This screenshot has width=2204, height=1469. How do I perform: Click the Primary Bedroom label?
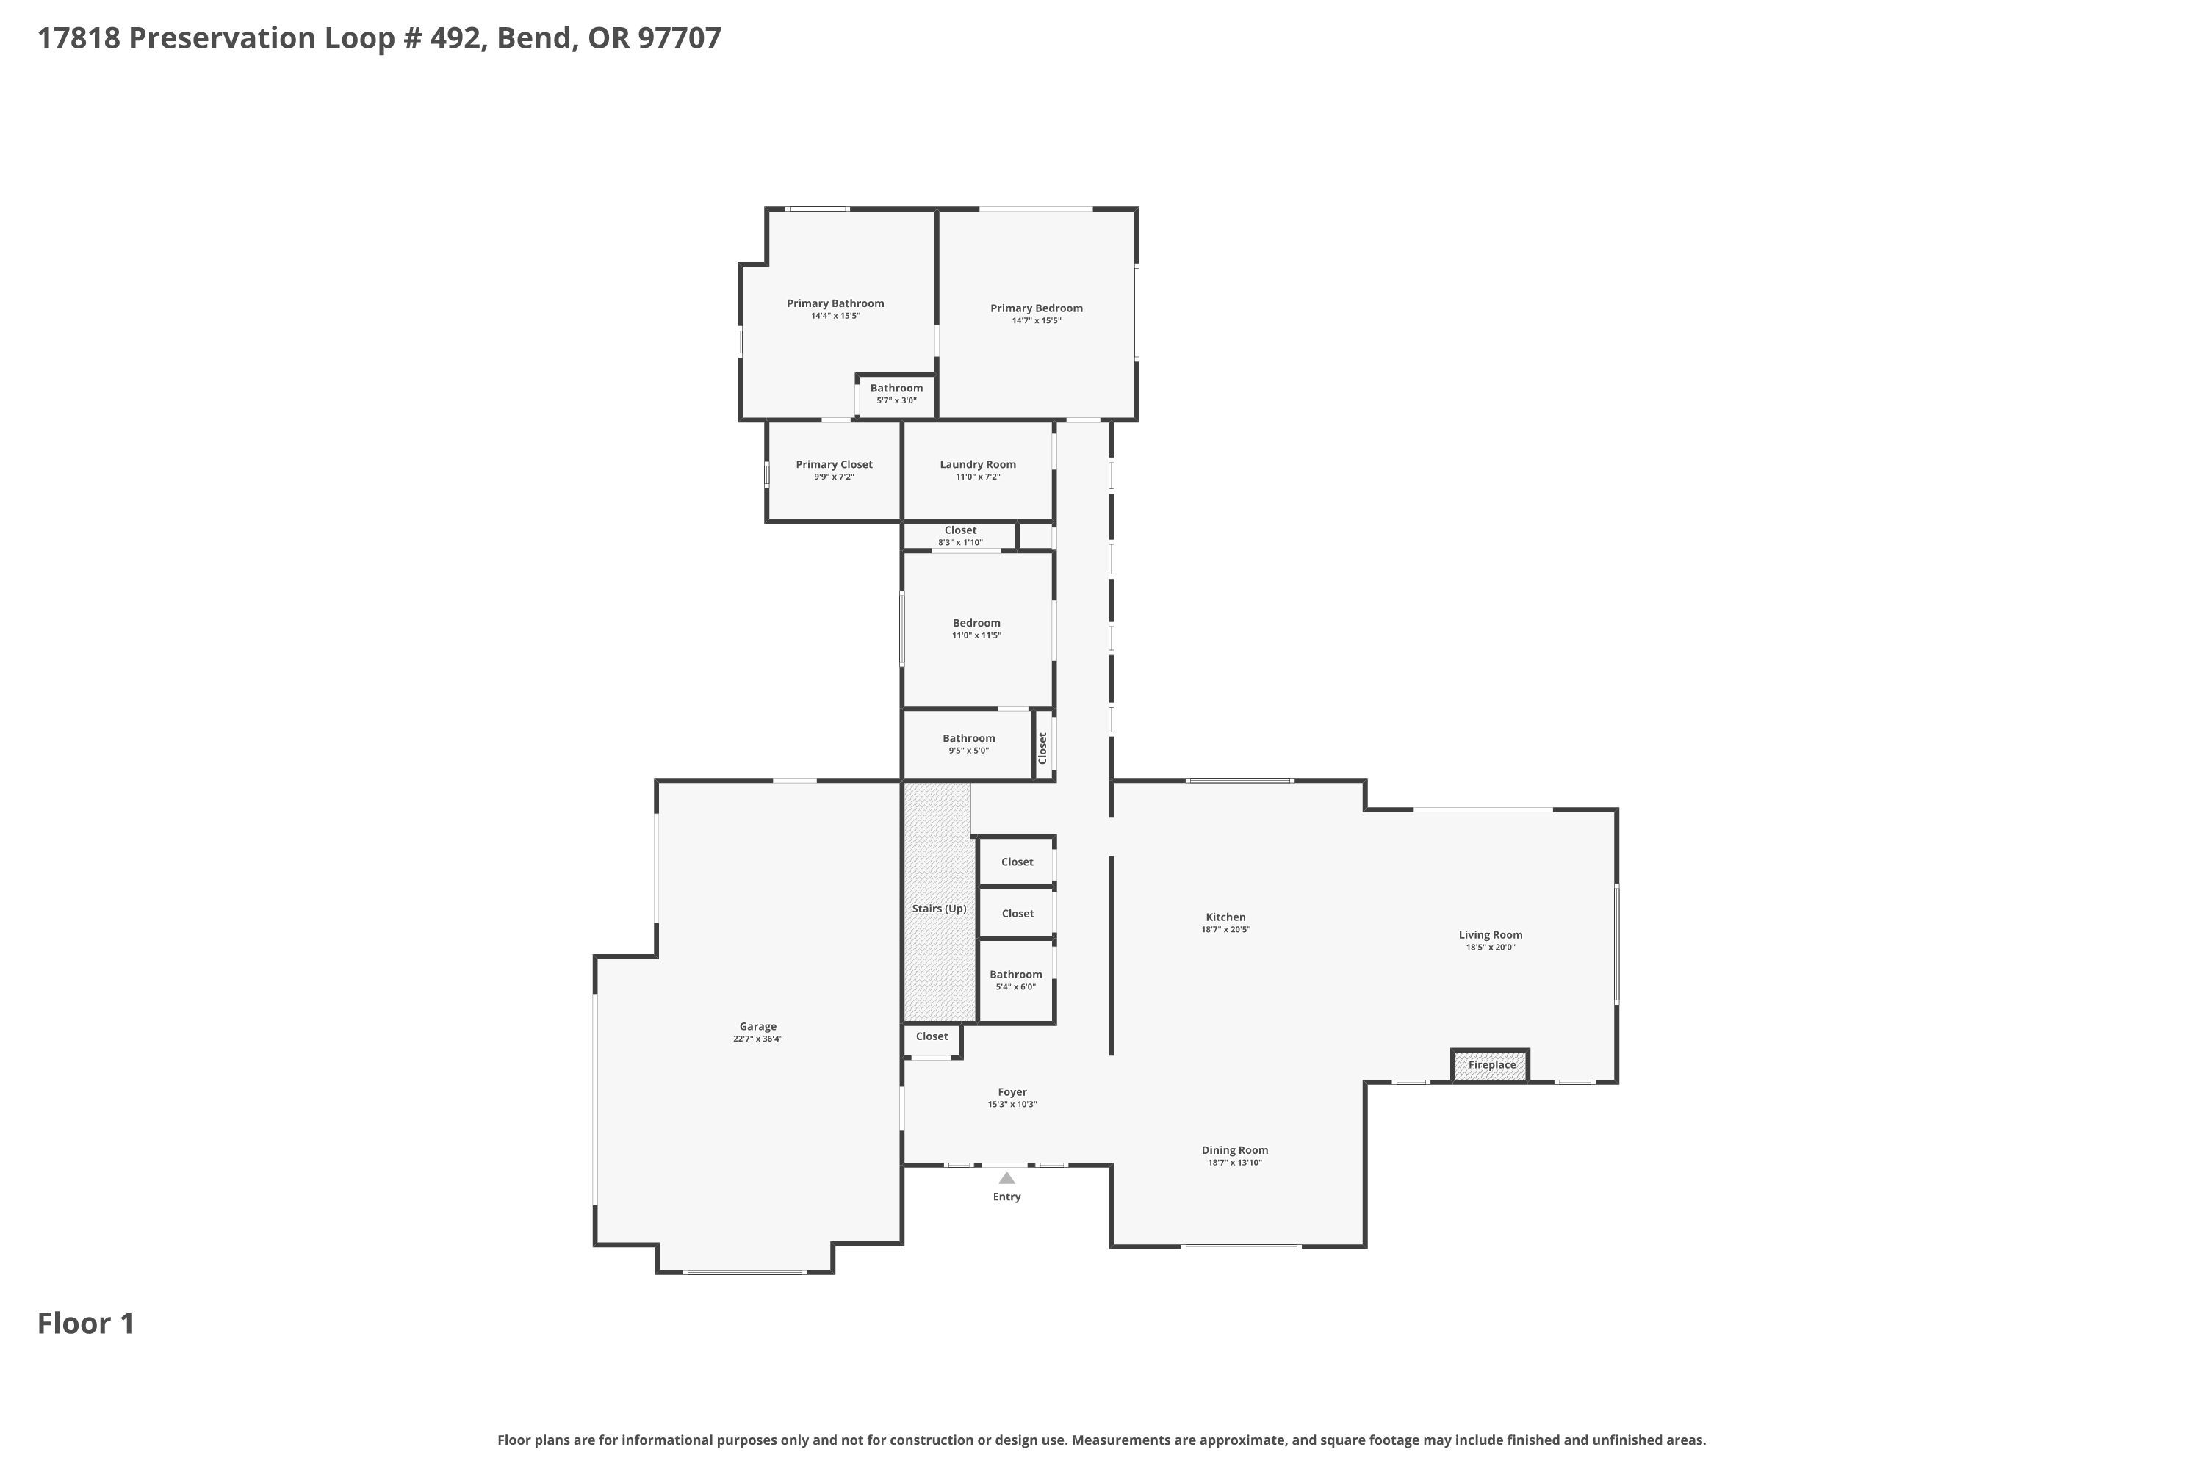[x=1037, y=308]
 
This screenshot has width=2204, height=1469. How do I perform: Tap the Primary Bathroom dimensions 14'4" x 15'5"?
[x=835, y=317]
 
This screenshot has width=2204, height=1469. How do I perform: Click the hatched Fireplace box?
[x=1491, y=1065]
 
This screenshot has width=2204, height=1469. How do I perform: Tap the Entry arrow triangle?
[x=1006, y=1179]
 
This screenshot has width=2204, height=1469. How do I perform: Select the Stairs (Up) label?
[x=939, y=909]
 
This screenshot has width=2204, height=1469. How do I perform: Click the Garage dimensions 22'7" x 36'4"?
[x=757, y=1039]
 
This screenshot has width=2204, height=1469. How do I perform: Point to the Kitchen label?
[x=1225, y=917]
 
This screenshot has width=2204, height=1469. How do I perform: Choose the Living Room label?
[x=1490, y=935]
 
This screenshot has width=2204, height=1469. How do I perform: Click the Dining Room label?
[x=1234, y=1150]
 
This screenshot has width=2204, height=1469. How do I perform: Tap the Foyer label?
[x=1012, y=1092]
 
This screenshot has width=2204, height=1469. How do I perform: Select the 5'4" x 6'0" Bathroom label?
[x=1016, y=975]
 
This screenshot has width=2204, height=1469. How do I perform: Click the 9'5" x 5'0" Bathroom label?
[x=969, y=738]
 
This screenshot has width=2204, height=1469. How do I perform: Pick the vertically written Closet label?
[x=1042, y=748]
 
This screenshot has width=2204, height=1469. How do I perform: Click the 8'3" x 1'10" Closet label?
[x=960, y=530]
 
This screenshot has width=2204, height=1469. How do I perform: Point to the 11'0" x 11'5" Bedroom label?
[x=976, y=623]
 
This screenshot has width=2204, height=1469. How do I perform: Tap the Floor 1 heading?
[x=86, y=1323]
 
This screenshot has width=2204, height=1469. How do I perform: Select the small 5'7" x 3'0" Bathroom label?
[x=896, y=388]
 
